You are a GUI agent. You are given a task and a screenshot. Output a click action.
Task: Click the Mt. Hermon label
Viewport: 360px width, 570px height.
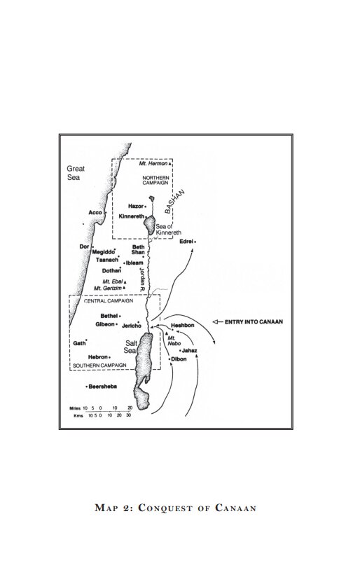pos(153,164)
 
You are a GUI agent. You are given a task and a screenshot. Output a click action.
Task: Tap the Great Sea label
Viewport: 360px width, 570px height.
pos(76,173)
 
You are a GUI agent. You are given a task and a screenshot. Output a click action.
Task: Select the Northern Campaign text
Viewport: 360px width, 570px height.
pos(155,180)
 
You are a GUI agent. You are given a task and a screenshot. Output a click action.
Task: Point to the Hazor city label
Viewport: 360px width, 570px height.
pos(136,206)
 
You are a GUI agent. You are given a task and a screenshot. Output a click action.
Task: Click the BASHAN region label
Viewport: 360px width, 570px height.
pos(175,202)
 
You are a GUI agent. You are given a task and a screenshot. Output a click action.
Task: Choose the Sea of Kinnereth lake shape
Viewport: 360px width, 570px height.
pos(149,225)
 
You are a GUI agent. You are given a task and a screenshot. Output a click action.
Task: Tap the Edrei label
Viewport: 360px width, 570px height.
pos(186,242)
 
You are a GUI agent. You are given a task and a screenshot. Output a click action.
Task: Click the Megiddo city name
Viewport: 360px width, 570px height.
pos(103,252)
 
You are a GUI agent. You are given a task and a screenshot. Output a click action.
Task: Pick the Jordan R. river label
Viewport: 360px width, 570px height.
pos(142,279)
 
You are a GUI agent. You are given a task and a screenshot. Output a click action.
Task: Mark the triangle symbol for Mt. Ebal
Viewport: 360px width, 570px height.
pos(125,282)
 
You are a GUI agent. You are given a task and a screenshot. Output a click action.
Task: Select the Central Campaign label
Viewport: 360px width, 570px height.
pos(109,301)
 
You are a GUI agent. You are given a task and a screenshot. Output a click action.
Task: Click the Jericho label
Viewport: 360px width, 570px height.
pos(131,326)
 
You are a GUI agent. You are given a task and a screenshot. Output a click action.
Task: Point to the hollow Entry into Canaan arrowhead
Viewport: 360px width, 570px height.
pos(215,321)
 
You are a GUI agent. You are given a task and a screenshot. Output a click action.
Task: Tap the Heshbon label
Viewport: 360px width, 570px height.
pos(183,326)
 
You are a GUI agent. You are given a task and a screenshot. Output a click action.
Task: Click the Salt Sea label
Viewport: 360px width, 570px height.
pos(131,347)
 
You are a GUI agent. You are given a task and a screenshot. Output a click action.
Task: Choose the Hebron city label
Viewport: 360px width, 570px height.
pos(98,357)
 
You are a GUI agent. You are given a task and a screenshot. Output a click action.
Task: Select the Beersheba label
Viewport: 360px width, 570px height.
pos(103,387)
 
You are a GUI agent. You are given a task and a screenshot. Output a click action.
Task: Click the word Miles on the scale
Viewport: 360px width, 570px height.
pos(75,408)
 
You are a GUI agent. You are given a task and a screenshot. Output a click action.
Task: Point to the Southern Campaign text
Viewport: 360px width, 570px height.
pos(99,365)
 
